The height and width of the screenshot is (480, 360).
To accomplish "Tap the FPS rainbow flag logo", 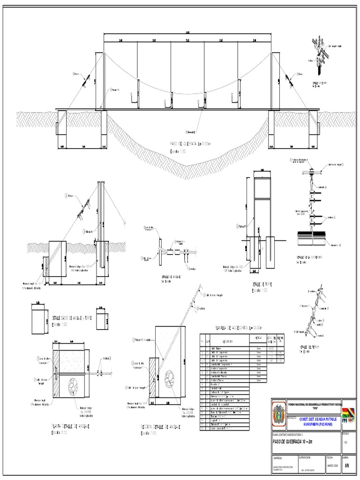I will coord(348,415).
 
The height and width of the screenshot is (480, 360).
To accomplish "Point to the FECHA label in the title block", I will coord(329,456).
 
